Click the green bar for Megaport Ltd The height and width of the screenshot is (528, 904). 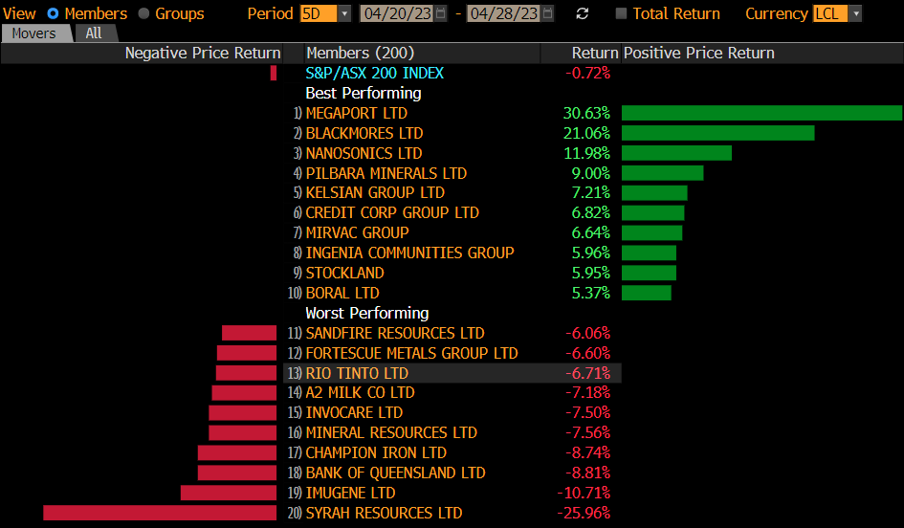(761, 113)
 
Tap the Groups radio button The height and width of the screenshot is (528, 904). (144, 13)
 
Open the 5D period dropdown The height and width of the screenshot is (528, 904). (325, 13)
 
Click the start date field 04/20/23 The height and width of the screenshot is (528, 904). (396, 13)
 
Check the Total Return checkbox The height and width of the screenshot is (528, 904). (622, 13)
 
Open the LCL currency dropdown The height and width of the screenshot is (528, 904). (837, 13)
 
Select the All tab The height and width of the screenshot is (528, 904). (94, 33)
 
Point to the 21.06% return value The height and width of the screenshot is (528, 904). (586, 133)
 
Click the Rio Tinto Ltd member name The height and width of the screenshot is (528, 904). (356, 373)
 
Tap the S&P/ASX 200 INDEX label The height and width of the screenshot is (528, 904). (374, 73)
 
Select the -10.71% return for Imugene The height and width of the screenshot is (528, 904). (584, 493)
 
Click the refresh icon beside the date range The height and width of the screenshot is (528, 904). (583, 13)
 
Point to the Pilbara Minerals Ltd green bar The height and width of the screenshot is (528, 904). (662, 173)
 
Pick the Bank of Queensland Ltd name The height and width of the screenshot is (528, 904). (395, 473)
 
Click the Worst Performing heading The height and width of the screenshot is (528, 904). (366, 313)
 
